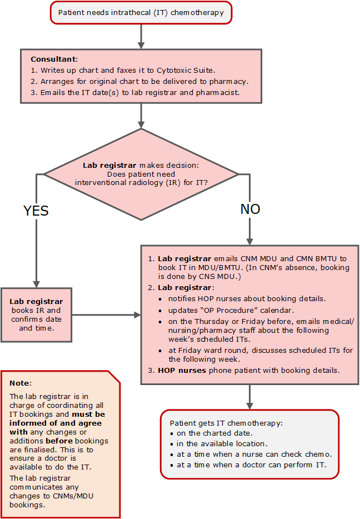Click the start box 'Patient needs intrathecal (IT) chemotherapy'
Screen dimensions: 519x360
click(x=141, y=13)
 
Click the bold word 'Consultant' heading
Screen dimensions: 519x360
click(x=53, y=59)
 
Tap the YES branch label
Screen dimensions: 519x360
click(x=36, y=211)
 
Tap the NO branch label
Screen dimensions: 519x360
click(x=250, y=209)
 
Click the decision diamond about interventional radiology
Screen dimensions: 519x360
click(x=141, y=174)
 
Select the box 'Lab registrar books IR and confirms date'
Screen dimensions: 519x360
click(x=37, y=315)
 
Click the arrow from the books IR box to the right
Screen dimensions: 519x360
click(x=106, y=315)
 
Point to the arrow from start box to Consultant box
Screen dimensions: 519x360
click(x=141, y=36)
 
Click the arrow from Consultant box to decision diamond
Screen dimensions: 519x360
click(x=141, y=115)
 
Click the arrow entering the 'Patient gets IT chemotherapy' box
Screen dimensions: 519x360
click(x=249, y=396)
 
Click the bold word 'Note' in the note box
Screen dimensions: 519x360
click(x=21, y=383)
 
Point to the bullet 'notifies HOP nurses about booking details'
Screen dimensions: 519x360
click(x=247, y=298)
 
